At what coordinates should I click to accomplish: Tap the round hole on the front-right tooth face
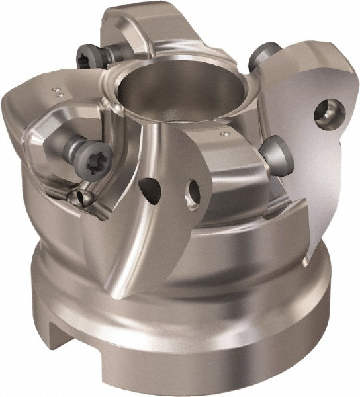pos(193,192)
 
